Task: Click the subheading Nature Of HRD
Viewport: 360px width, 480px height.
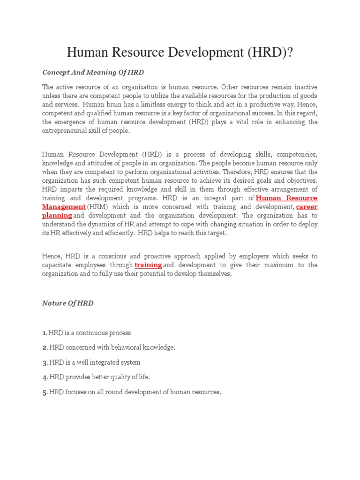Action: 67,303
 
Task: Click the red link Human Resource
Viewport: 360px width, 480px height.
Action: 286,198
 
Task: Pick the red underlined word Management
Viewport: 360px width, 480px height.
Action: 64,207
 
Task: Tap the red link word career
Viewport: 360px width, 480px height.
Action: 307,207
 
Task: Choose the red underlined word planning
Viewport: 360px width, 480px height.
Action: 57,216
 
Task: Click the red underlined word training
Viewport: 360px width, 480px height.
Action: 148,265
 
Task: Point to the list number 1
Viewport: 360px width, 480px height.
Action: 44,333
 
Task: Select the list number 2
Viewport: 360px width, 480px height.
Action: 45,347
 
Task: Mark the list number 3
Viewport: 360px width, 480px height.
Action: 45,362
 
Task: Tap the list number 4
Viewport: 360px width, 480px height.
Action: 45,377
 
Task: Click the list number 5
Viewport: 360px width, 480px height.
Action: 45,392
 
